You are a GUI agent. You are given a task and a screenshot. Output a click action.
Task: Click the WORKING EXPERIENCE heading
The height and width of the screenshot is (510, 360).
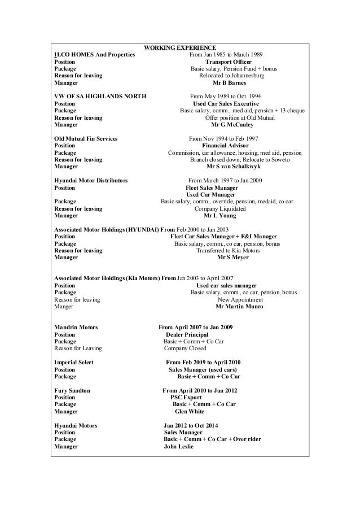coord(179,47)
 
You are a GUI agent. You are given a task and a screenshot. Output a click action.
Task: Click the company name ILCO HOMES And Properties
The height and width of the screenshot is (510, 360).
coord(94,54)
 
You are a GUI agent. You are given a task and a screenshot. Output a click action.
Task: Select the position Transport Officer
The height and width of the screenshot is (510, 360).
coord(232,62)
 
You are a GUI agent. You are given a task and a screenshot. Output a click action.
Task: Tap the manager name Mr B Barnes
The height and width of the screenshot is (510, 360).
coord(232,82)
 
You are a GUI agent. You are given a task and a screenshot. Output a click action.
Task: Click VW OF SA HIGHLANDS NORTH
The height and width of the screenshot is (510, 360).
coord(100,97)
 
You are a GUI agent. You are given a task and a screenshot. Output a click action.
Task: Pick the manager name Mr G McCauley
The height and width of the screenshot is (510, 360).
coord(232,124)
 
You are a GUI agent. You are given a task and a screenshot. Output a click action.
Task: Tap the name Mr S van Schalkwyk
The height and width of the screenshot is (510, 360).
coord(234,167)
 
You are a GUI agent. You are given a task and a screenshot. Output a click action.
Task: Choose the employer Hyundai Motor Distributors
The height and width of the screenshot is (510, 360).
coord(90,181)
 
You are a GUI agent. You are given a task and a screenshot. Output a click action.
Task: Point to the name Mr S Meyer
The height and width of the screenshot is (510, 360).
coord(232,258)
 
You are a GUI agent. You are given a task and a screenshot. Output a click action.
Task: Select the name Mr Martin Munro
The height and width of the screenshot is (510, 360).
coord(239,307)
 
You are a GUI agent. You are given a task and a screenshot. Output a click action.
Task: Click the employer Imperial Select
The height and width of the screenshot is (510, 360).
coord(74,362)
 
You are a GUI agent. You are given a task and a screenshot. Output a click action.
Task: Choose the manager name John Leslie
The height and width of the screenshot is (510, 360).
coord(178,446)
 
